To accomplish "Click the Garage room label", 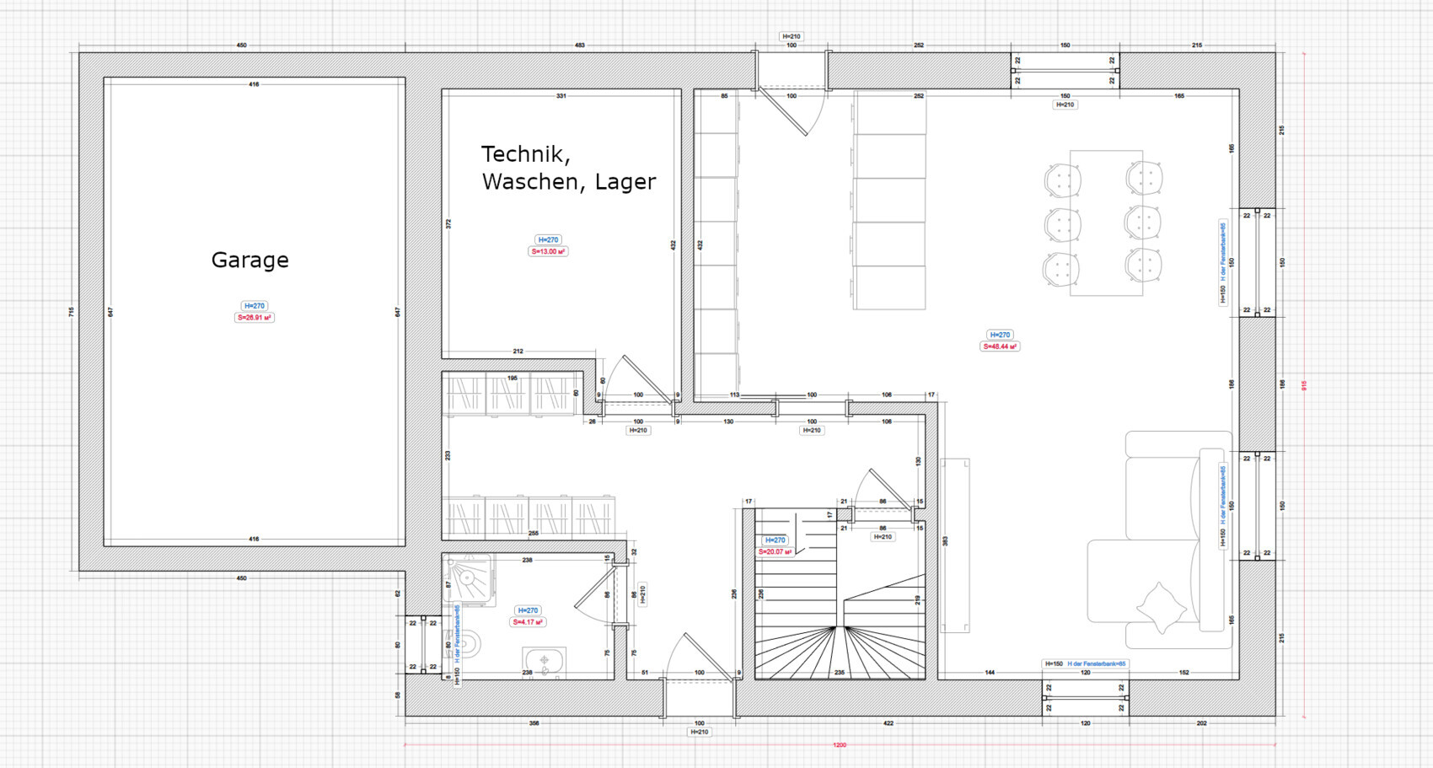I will pos(250,260).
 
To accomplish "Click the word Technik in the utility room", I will pos(525,154).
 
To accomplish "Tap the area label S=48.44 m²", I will pos(1000,346).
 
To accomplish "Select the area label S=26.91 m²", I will pos(254,318).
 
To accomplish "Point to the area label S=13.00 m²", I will pos(548,251).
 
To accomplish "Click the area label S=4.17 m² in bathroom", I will pos(528,622).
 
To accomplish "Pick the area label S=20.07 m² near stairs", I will pos(775,552).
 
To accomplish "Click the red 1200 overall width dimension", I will pos(840,745).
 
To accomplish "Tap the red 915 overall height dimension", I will pos(1304,385).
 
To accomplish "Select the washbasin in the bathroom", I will pos(544,662).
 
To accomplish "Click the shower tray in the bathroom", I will pos(469,579).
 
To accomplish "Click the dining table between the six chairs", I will pos(1105,223).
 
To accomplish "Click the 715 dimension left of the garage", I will pos(72,312).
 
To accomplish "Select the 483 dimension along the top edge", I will pos(580,45).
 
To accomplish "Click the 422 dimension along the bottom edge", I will pos(888,723).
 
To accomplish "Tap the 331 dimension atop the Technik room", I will pos(561,96).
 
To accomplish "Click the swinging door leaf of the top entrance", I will pos(784,111).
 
